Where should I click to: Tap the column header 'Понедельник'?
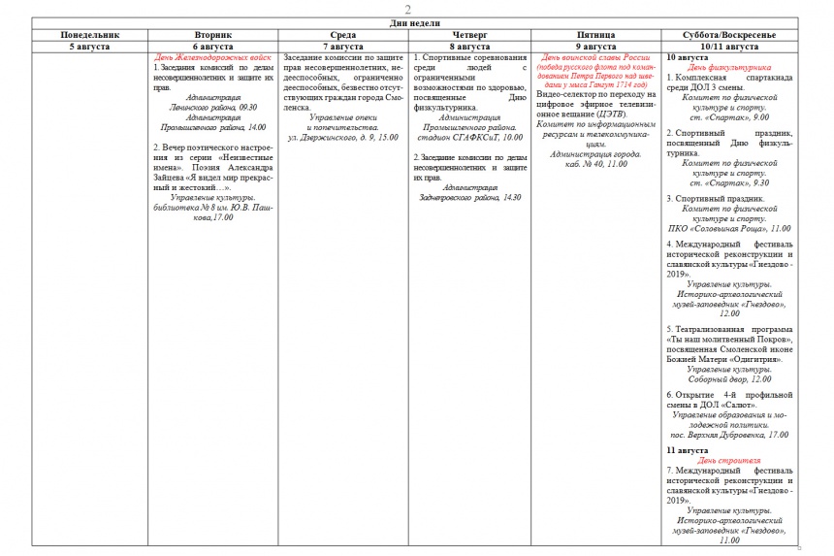[x=89, y=35]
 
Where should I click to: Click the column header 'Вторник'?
[x=213, y=35]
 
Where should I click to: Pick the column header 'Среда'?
[x=342, y=35]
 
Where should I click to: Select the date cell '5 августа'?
[x=89, y=46]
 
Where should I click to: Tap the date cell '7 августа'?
[x=342, y=46]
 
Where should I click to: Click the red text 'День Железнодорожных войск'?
[x=213, y=57]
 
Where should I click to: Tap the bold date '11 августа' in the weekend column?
[x=688, y=450]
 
